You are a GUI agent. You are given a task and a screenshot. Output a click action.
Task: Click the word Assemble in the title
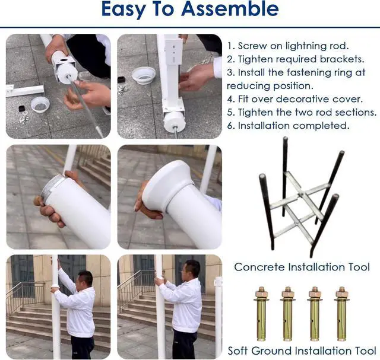point(230,9)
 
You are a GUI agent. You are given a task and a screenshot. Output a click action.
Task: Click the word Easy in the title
point(123,9)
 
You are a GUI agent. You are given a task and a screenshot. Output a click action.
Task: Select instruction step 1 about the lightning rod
point(288,46)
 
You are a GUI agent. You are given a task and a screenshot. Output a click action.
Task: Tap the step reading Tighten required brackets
point(296,59)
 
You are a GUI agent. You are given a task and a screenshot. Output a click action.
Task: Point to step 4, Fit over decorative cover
point(295,99)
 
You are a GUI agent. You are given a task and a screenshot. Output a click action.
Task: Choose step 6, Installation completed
point(289,126)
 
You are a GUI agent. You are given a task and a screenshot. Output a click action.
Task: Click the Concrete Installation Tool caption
point(302,267)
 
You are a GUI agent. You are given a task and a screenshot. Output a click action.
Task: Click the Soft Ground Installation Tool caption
point(302,351)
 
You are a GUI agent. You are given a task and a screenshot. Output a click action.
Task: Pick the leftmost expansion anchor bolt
point(261,314)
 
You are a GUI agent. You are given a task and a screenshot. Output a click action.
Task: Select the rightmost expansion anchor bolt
point(342,314)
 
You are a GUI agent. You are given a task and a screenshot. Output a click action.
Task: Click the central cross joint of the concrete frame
point(301,194)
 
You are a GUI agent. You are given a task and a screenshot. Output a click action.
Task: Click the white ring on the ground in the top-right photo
point(144,75)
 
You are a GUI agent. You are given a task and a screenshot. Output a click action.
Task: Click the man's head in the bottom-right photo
point(191,270)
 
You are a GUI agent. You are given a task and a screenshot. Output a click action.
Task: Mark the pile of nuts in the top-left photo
point(23,119)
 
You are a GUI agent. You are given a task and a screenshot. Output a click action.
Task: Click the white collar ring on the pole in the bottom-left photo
point(55,287)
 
